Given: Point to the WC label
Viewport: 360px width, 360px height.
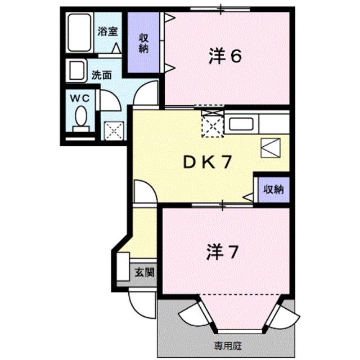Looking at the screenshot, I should point(79,97).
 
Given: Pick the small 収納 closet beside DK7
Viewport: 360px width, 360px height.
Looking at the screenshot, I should point(273,189).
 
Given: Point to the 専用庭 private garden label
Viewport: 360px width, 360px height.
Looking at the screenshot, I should point(227,344).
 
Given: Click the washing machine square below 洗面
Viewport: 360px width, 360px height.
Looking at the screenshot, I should point(114,130).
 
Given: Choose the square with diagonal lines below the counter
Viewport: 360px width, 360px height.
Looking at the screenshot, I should point(269,147).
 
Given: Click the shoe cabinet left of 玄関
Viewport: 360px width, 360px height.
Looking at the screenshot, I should point(124,269).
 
